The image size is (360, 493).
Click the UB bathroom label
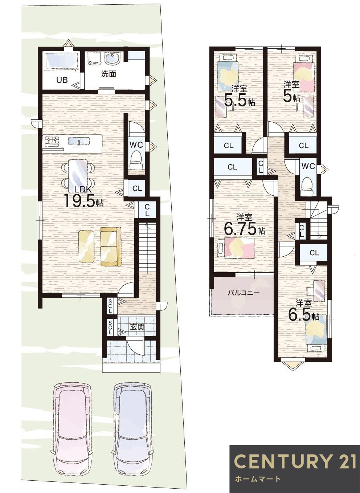pos(62,80)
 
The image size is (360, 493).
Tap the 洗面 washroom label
pos(109,74)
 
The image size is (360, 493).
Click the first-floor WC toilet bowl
pos(136,158)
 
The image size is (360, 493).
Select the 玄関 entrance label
pos(137,327)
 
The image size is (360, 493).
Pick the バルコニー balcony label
pos(244,292)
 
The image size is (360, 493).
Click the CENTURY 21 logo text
pos(295,461)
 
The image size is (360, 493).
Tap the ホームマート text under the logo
pos(258,479)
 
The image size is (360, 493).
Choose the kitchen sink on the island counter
pos(78,142)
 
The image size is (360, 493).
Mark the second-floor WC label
pos(308,166)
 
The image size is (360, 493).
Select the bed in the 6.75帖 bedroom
pos(240,248)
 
